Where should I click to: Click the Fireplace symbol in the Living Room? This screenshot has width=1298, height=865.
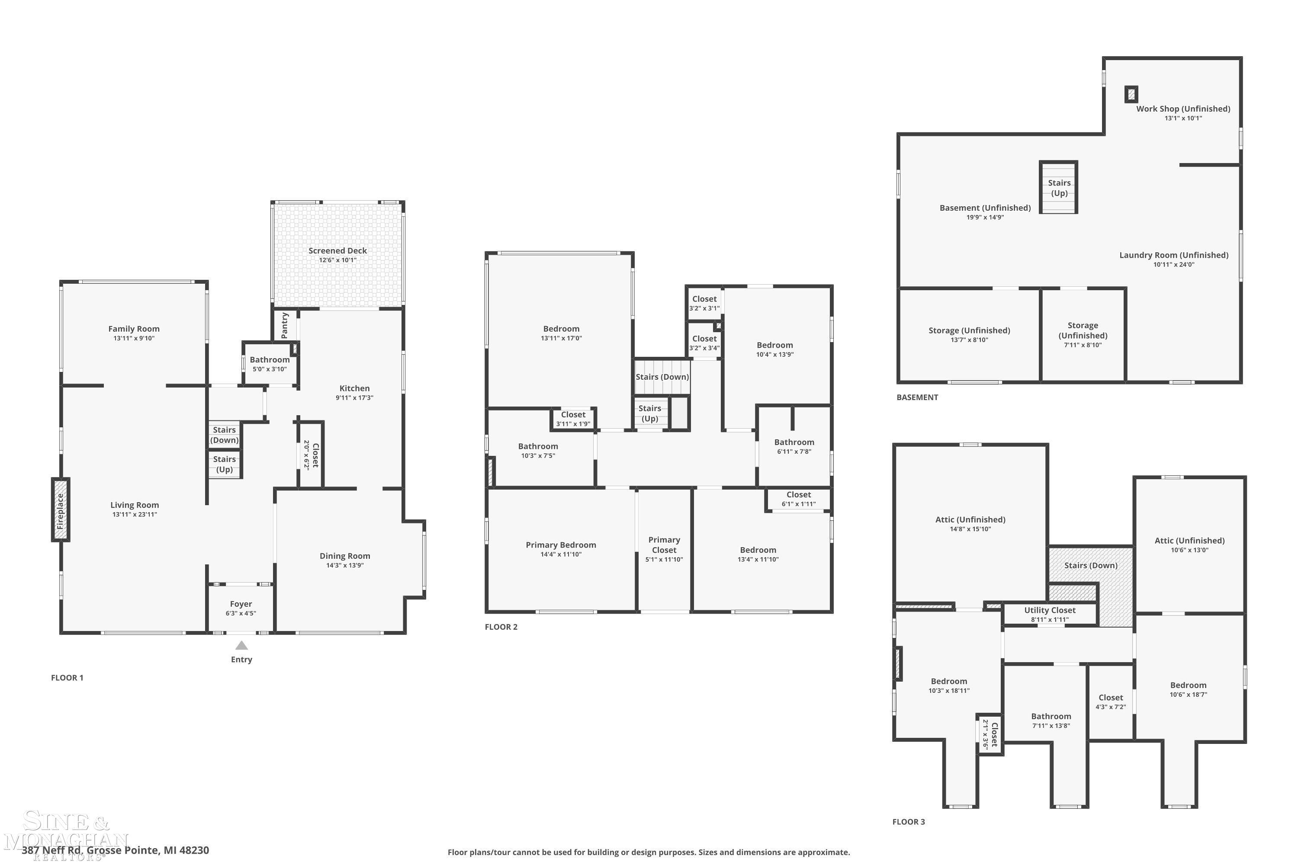point(61,510)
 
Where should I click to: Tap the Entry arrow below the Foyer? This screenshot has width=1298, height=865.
point(241,645)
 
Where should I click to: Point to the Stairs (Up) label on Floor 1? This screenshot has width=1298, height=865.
point(224,464)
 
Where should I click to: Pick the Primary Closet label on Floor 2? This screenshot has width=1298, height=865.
point(664,545)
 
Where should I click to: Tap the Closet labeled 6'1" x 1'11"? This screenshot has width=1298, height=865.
point(799,499)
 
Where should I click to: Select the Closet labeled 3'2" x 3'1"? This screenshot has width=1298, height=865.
point(704,303)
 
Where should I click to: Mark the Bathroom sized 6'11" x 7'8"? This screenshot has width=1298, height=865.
point(794,446)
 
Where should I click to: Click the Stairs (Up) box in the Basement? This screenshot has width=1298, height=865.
point(1058,188)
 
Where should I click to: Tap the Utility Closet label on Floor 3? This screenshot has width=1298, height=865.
point(1050,610)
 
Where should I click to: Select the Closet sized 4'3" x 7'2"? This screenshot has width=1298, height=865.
point(1110,702)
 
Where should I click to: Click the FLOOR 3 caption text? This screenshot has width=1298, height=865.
point(908,821)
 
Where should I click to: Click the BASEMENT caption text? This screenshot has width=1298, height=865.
point(917,397)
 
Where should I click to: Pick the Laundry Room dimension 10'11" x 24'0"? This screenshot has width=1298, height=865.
point(1174,264)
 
